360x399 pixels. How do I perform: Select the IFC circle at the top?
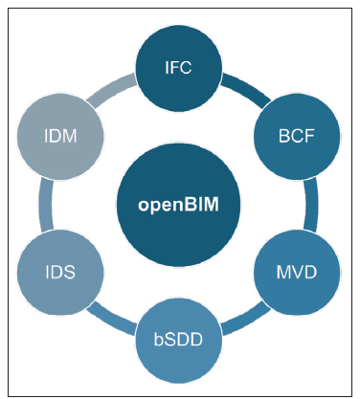pyautogui.click(x=179, y=69)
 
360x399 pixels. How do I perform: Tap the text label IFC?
pyautogui.click(x=179, y=69)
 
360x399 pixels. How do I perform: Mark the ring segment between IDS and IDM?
pyautogui.click(x=44, y=204)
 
